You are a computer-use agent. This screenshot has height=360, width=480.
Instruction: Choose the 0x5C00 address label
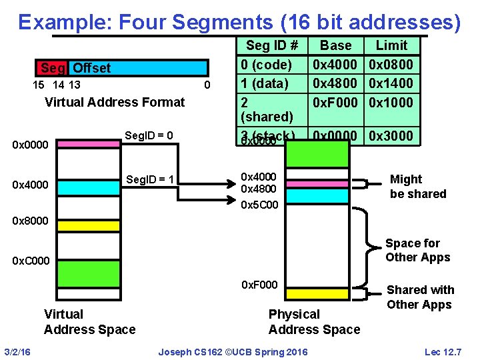[259, 205]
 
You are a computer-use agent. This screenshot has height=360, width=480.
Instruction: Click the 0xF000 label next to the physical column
[259, 285]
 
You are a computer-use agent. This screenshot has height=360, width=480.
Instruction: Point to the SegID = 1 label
[150, 180]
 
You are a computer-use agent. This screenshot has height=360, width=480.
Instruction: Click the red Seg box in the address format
[52, 68]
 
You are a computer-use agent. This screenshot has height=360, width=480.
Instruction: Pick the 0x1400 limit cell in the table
[391, 83]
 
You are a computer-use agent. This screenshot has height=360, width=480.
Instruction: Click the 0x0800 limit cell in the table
[391, 65]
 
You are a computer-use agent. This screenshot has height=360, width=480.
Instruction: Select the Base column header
[335, 45]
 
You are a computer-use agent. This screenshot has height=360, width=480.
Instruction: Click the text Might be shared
[417, 187]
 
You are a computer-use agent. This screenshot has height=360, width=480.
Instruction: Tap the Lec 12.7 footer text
[443, 351]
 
